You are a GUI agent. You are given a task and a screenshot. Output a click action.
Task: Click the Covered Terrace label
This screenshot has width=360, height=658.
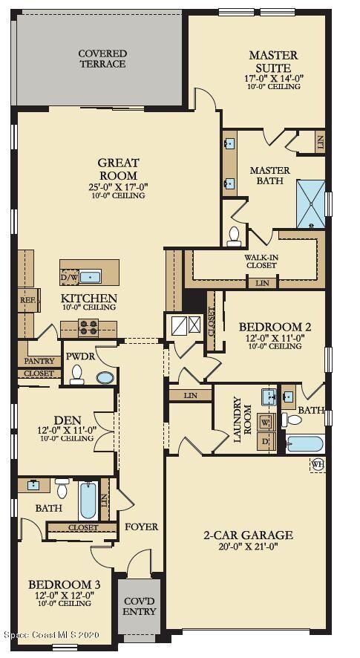coord(102,59)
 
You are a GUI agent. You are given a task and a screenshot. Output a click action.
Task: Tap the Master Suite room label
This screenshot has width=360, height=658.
coord(273,60)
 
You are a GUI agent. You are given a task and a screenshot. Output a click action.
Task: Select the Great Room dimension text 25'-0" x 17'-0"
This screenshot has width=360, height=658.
coord(119,187)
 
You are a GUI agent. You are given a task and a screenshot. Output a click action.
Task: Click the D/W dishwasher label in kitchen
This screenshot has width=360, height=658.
coord(68,278)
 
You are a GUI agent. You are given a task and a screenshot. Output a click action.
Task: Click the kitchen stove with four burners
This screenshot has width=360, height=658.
coord(88,328)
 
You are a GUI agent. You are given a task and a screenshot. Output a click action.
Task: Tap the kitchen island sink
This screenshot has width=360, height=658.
coord(90,277)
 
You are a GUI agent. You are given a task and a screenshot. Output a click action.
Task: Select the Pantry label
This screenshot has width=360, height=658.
coord(39,361)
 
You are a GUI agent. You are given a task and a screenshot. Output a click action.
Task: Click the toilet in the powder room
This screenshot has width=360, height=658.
coord(76,376)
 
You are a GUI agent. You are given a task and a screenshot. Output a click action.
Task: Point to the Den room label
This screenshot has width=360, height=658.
coord(68,420)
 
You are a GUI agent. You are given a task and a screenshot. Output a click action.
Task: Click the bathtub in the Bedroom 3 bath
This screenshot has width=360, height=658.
coord(88,502)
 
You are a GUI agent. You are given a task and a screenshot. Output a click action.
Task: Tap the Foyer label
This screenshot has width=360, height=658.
coord(142,527)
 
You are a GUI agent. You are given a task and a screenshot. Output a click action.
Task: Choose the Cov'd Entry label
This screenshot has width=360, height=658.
coord(139,606)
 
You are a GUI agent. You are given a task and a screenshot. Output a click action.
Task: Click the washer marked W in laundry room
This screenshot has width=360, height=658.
coord(265,422)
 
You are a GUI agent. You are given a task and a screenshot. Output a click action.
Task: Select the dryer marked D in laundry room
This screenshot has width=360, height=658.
coord(265,442)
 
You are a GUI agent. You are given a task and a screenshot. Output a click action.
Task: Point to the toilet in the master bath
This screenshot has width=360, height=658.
coord(235,235)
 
